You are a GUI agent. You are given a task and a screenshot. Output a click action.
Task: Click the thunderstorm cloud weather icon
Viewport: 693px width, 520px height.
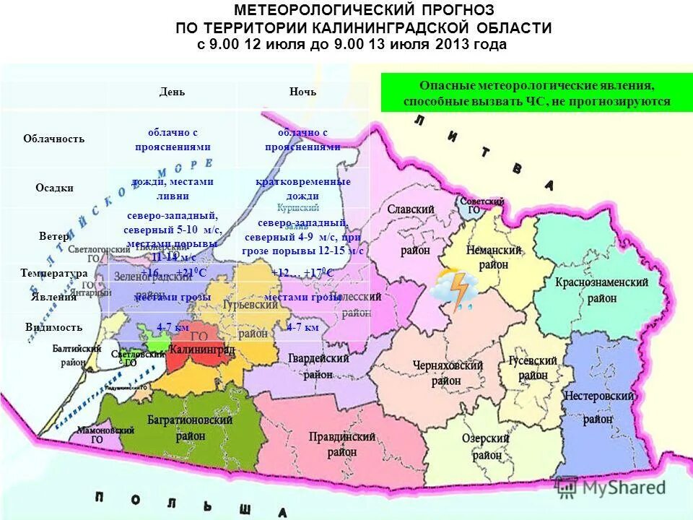coord(453,288)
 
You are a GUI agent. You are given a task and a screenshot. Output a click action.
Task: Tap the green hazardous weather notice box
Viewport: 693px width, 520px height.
coord(536,93)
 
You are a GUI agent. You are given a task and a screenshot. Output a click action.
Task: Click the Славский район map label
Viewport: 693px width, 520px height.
coord(410,229)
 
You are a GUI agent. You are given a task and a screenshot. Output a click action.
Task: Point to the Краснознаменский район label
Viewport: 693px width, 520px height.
coord(601,290)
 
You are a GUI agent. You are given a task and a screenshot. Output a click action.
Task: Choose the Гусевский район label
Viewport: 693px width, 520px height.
coord(533,368)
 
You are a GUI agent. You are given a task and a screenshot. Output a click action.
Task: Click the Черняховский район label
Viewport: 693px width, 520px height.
coord(448,373)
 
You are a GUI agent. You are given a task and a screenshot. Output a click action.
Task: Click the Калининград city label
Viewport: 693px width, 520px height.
coord(201,350)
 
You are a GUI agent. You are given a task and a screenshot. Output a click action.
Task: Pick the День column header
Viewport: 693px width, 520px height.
coord(172,92)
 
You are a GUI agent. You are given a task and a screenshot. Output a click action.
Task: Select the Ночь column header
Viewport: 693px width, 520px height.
coord(302,92)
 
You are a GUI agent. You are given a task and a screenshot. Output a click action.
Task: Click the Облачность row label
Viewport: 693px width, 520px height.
coord(53,139)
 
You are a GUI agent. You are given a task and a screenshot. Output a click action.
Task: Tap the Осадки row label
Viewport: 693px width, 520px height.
coord(55,188)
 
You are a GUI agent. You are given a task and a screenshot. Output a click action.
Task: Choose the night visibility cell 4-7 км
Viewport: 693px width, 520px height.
coord(303,327)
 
